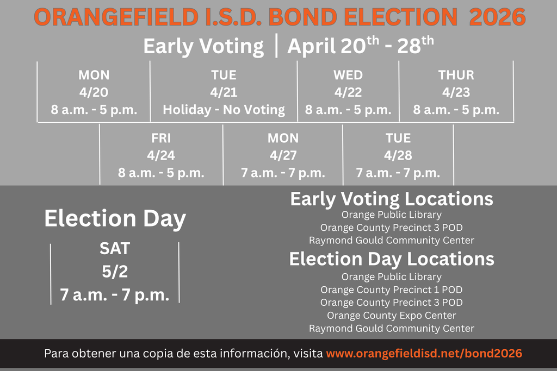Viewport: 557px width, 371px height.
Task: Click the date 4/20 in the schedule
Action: [94, 92]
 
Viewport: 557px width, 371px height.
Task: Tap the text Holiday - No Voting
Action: [224, 110]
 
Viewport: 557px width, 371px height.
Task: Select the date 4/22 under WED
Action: [348, 92]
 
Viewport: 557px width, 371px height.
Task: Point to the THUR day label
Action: [456, 75]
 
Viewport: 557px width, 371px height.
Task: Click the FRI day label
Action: [161, 138]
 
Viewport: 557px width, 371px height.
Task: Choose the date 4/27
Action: [283, 155]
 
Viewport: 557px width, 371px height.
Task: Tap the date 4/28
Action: [398, 155]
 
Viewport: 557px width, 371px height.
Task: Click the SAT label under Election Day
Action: [115, 248]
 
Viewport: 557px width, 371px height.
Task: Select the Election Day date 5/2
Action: [115, 272]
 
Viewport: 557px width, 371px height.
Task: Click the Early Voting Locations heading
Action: [392, 199]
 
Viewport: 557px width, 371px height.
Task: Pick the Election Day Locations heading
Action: [392, 259]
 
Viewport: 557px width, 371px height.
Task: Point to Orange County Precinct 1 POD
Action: [392, 290]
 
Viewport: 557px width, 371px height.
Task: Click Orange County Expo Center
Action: [392, 315]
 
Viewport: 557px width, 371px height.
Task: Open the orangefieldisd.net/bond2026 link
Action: [424, 354]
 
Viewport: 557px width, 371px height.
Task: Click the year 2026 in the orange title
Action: [497, 17]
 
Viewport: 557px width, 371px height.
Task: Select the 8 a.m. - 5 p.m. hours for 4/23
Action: [456, 110]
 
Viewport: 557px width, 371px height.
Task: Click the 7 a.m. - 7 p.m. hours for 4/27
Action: [283, 173]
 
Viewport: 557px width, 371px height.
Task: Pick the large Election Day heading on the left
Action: [115, 218]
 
